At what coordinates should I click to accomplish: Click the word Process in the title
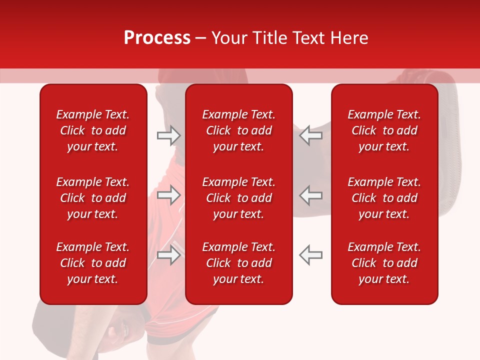[157, 37]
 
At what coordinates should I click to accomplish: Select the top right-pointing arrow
[168, 135]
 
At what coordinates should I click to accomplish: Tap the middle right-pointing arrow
[168, 195]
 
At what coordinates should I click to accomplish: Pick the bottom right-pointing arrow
[168, 255]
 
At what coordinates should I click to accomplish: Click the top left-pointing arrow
[310, 135]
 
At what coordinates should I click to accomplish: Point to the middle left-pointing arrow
[310, 195]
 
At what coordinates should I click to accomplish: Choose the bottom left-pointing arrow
[310, 255]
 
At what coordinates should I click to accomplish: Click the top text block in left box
[93, 130]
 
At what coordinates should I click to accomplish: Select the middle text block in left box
[93, 198]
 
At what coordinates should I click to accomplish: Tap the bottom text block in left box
[93, 263]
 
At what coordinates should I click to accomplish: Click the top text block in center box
[239, 130]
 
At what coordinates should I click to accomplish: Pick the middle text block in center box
[239, 198]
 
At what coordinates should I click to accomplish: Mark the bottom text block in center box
[239, 263]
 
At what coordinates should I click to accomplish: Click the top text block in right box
[384, 130]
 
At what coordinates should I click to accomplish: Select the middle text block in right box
[384, 198]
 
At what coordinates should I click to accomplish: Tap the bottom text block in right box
[384, 263]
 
